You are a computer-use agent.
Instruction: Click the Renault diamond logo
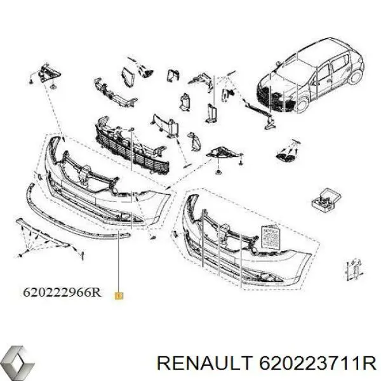pos(17,364)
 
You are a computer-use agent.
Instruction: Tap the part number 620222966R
pos(62,293)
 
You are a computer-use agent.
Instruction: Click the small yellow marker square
pos(119,295)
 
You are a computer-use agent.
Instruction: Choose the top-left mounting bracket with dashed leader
pos(45,73)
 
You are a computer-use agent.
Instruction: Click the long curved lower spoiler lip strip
pos(70,210)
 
